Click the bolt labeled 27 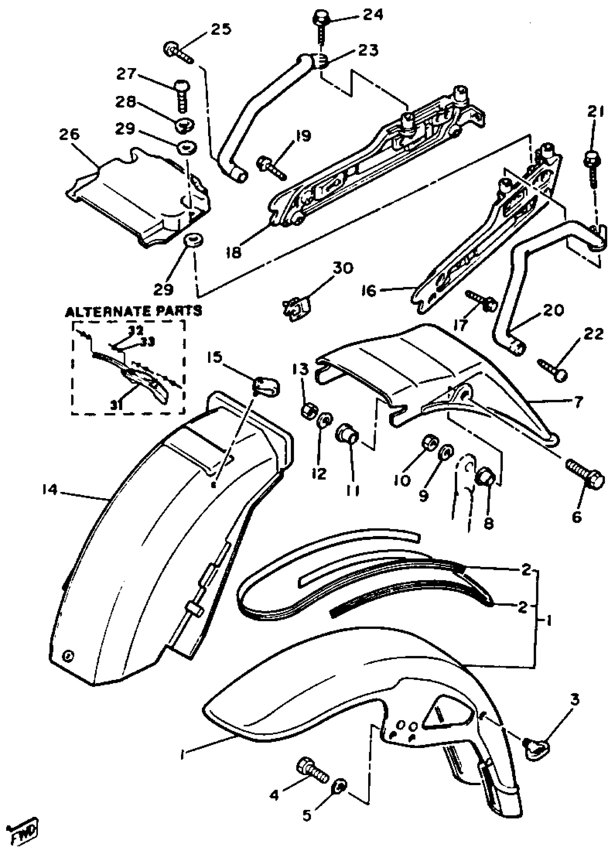(182, 94)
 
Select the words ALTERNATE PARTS (134, 311)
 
